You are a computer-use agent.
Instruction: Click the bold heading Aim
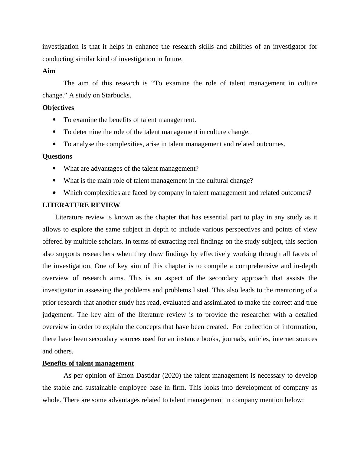(x=49, y=71)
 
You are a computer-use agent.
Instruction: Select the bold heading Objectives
(x=58, y=108)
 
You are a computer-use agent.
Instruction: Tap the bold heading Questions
(x=57, y=156)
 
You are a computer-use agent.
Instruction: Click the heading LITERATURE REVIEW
(x=81, y=205)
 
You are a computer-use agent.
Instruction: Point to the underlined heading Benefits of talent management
(x=88, y=363)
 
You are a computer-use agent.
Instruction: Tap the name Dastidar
(x=146, y=376)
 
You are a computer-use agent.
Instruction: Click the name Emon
(x=125, y=376)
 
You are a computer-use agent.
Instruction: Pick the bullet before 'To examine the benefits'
(x=54, y=120)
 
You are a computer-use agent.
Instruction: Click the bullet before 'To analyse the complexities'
(x=54, y=144)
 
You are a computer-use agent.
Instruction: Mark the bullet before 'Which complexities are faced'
(x=54, y=193)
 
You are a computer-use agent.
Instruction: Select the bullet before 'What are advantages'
(x=54, y=169)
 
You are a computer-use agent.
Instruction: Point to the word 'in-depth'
(x=305, y=266)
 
